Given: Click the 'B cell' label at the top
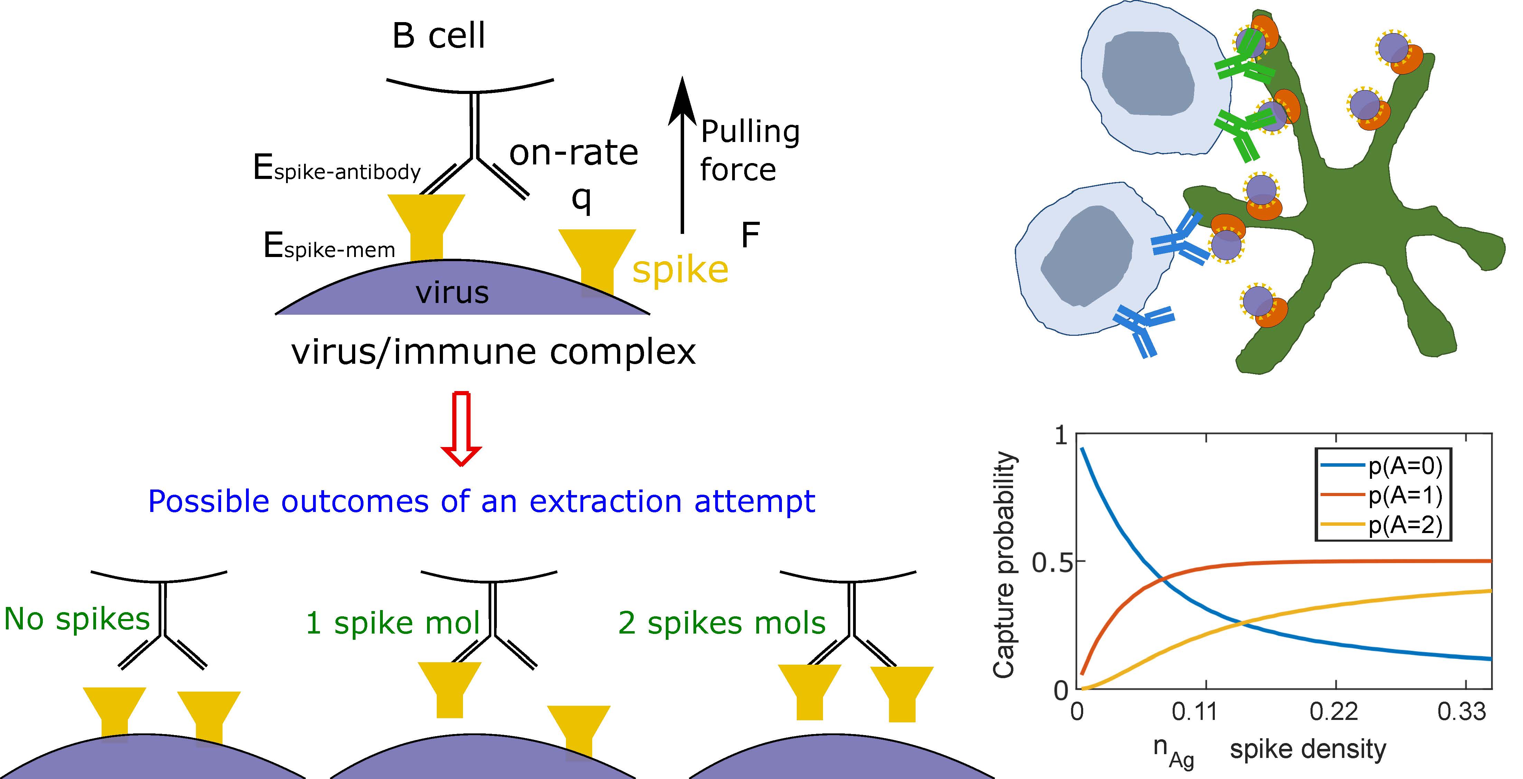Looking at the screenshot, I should (439, 36).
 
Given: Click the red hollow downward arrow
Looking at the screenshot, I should (461, 428).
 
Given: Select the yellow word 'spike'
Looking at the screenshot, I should (680, 270).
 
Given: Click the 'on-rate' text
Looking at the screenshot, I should (574, 153).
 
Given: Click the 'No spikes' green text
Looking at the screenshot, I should (77, 619).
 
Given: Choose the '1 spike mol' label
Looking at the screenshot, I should (392, 623).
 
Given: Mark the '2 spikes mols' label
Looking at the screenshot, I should (722, 623).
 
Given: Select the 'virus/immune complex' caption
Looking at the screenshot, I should (494, 352).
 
